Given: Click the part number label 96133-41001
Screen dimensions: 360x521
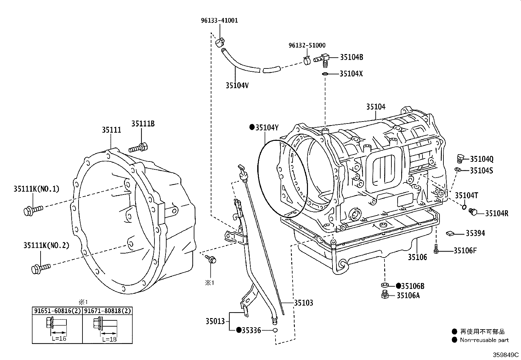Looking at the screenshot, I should [x=219, y=20].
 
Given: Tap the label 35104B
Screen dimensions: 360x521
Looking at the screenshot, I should [x=351, y=57].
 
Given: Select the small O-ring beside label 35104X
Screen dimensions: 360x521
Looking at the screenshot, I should [x=325, y=74].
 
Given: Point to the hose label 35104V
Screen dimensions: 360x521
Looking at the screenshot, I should [x=237, y=85].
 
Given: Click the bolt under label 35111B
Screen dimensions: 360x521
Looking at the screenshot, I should [x=139, y=148].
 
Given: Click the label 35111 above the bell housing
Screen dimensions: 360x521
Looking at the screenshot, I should [x=111, y=130].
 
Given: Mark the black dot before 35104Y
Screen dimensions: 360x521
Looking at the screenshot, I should [x=252, y=127].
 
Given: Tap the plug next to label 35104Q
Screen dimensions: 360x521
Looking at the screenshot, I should [x=460, y=159].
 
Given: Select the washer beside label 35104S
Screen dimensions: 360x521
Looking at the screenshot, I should [x=458, y=170].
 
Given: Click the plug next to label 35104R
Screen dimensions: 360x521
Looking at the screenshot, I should [x=473, y=212].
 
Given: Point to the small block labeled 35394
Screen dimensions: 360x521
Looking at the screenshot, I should [x=450, y=233].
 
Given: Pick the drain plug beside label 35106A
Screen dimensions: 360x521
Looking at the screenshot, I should [x=385, y=294].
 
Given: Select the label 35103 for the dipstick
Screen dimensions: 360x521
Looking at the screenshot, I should [x=303, y=303].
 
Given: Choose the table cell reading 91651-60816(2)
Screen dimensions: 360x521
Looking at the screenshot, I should [x=57, y=311].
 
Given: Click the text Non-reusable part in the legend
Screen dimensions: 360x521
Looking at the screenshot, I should [x=484, y=340].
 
